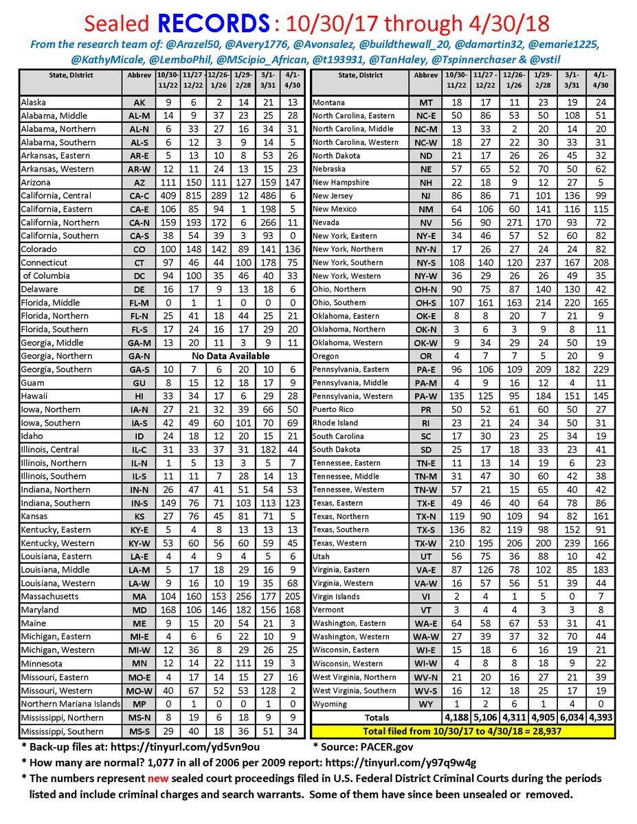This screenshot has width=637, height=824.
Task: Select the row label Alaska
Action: click(x=34, y=102)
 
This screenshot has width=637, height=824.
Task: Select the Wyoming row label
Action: click(x=332, y=704)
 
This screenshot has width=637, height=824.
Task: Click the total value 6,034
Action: click(x=570, y=718)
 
